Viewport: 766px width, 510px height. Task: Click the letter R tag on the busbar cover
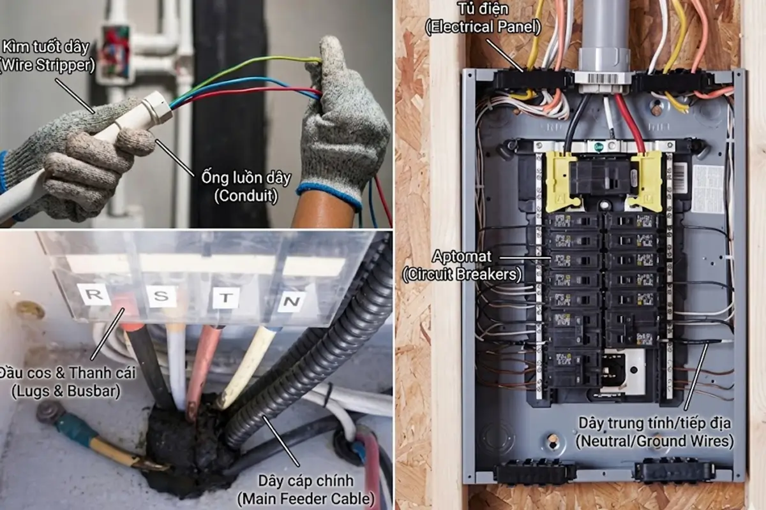point(93,295)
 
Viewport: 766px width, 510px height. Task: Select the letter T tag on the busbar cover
point(226,297)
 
